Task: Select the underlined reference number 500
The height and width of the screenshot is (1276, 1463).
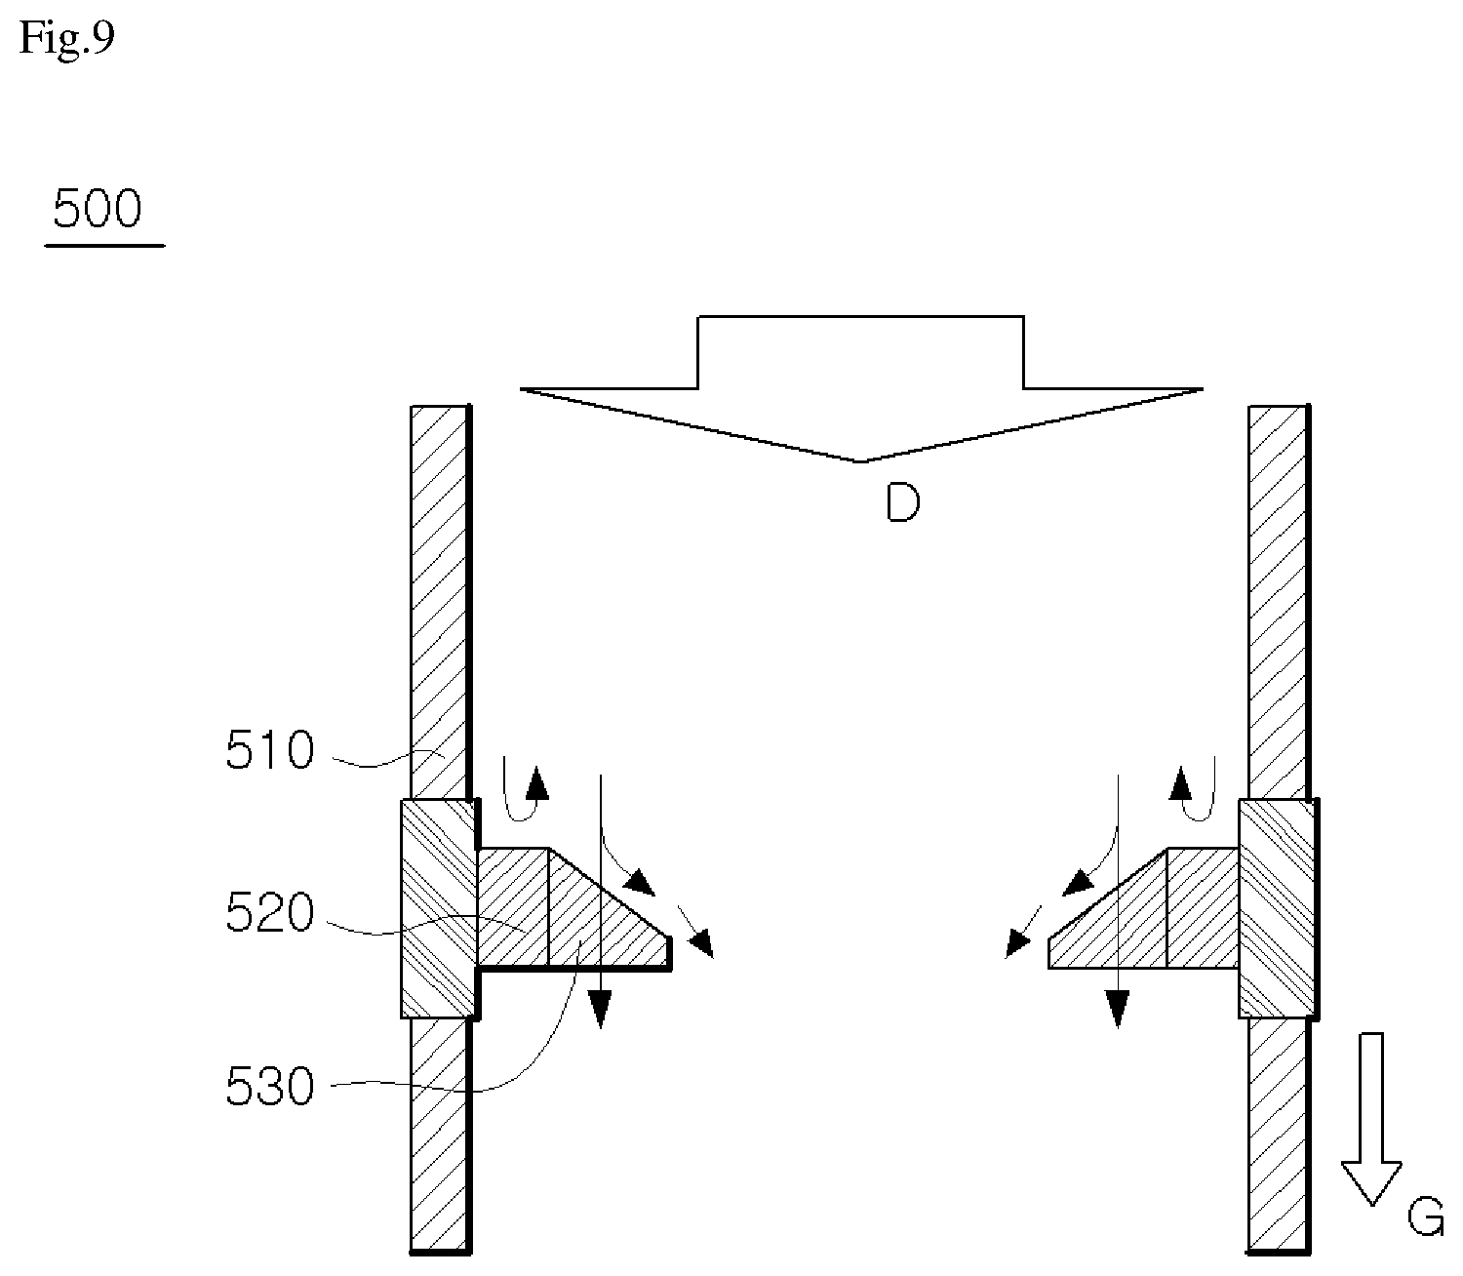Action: point(98,209)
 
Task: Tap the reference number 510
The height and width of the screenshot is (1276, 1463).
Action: point(269,750)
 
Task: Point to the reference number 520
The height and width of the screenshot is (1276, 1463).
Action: point(269,913)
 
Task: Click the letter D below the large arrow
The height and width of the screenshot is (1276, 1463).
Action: point(902,502)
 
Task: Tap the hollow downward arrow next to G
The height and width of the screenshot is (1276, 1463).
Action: point(1370,1119)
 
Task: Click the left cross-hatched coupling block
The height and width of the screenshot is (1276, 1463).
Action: point(439,907)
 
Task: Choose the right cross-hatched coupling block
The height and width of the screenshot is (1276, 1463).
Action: point(1278,907)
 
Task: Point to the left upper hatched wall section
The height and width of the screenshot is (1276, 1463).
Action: point(441,602)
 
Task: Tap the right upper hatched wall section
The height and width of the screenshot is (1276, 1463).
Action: point(1280,602)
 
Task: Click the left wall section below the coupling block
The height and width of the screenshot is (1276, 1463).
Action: point(441,1136)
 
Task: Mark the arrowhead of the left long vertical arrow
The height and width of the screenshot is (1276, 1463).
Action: point(601,1010)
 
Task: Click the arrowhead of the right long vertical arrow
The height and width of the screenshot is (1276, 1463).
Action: point(1118,1010)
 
